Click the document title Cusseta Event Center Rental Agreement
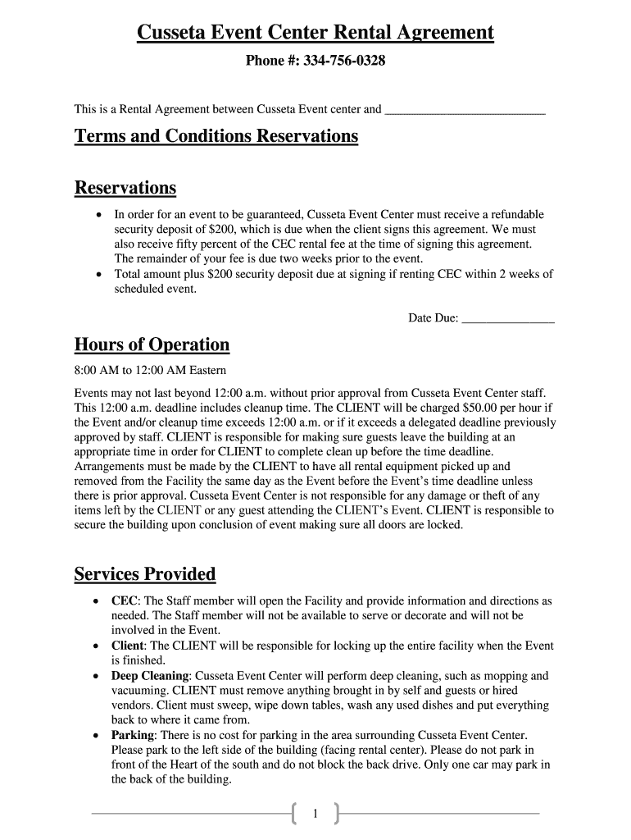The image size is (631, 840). (x=315, y=33)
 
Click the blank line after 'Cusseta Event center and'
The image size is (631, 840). (x=464, y=109)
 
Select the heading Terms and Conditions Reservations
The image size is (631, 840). (x=216, y=135)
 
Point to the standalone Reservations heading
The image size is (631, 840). (x=125, y=188)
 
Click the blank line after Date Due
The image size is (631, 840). (x=508, y=318)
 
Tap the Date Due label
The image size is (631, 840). (x=433, y=318)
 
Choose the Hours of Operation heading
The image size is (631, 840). (x=152, y=344)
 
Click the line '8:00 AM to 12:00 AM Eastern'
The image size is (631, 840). (x=150, y=371)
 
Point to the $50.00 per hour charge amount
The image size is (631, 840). (x=463, y=408)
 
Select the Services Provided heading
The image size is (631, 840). (x=145, y=573)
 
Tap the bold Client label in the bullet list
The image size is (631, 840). (x=127, y=646)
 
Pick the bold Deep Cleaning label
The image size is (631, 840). (x=150, y=676)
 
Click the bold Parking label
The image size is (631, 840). (x=132, y=735)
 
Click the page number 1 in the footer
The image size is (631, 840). (x=315, y=813)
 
